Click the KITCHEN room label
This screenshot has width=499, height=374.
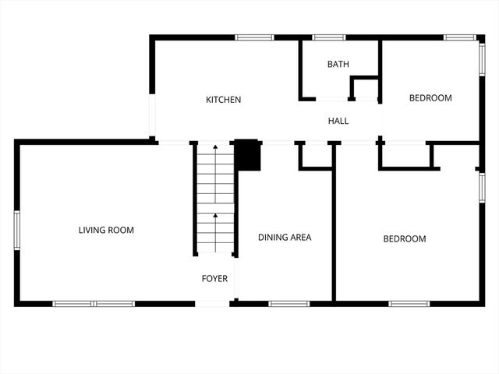coord(223,100)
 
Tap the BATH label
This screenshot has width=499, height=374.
coord(338,65)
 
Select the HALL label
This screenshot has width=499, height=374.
coord(338,121)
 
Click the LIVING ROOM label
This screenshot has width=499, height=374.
coord(106,230)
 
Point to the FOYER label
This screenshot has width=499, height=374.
coord(214,278)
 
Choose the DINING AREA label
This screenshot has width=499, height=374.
coord(285,237)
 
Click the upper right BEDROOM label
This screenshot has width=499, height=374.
coord(430,98)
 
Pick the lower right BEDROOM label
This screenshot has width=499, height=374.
coord(405,239)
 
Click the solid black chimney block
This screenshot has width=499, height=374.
coord(248,154)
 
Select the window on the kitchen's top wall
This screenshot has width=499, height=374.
coord(254,37)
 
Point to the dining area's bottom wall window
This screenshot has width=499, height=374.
coord(288,303)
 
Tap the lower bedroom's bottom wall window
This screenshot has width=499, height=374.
coord(409,303)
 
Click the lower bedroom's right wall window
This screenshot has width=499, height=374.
coord(482,187)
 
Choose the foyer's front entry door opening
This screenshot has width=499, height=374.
coord(212,303)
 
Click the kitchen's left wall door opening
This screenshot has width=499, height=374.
coord(153,117)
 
